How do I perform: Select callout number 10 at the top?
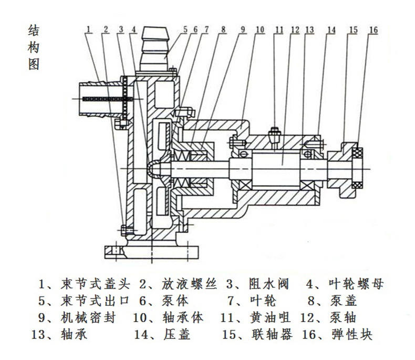tap(260, 29)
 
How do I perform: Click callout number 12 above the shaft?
tap(294, 29)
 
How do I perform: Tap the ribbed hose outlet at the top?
tap(156, 39)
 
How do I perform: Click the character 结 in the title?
tap(33, 30)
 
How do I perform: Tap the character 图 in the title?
tap(33, 64)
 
